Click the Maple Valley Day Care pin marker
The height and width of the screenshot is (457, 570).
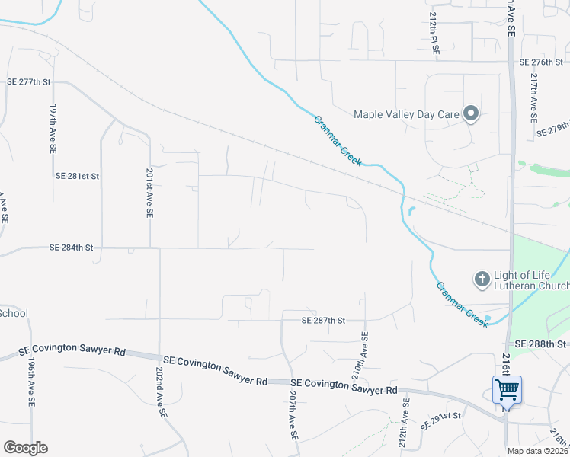tap(471, 115)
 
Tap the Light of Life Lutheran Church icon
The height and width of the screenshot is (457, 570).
tap(482, 280)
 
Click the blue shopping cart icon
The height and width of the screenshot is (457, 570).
tap(507, 391)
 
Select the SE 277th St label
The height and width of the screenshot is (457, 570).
tap(28, 81)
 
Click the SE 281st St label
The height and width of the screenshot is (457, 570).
tap(77, 176)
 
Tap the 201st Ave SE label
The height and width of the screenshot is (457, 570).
tap(149, 194)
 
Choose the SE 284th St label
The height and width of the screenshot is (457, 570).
tap(71, 248)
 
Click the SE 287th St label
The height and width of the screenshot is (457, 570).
tap(323, 321)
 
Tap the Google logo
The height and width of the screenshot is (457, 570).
tap(25, 448)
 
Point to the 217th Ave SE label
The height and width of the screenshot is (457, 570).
tap(534, 94)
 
